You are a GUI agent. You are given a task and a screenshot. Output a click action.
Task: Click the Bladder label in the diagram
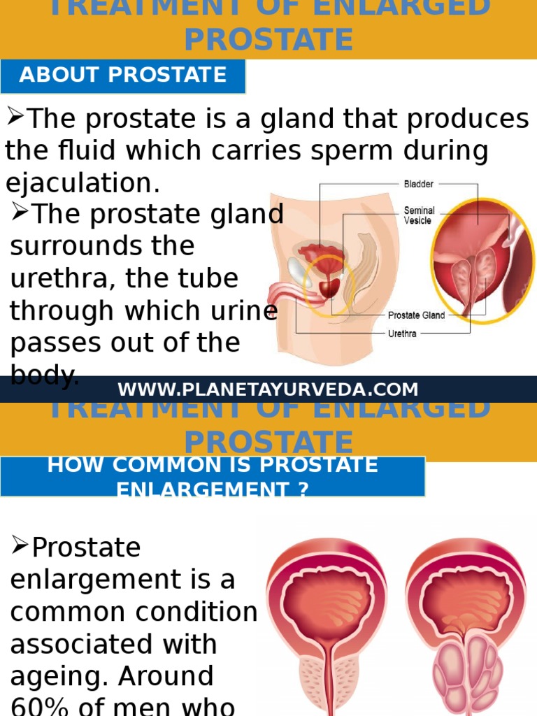[x=418, y=184]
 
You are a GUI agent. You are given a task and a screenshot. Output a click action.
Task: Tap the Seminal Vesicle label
[x=419, y=215]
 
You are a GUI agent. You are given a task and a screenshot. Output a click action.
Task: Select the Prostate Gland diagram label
[x=416, y=315]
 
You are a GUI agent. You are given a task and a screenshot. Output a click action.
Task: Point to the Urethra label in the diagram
[x=402, y=334]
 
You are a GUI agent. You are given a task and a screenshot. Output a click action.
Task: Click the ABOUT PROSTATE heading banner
[x=123, y=76]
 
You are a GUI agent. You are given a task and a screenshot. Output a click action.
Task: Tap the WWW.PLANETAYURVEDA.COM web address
[x=268, y=389]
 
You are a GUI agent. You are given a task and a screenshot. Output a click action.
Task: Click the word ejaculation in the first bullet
[x=83, y=184]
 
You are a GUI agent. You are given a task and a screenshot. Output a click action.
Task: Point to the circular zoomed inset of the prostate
[x=482, y=259]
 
